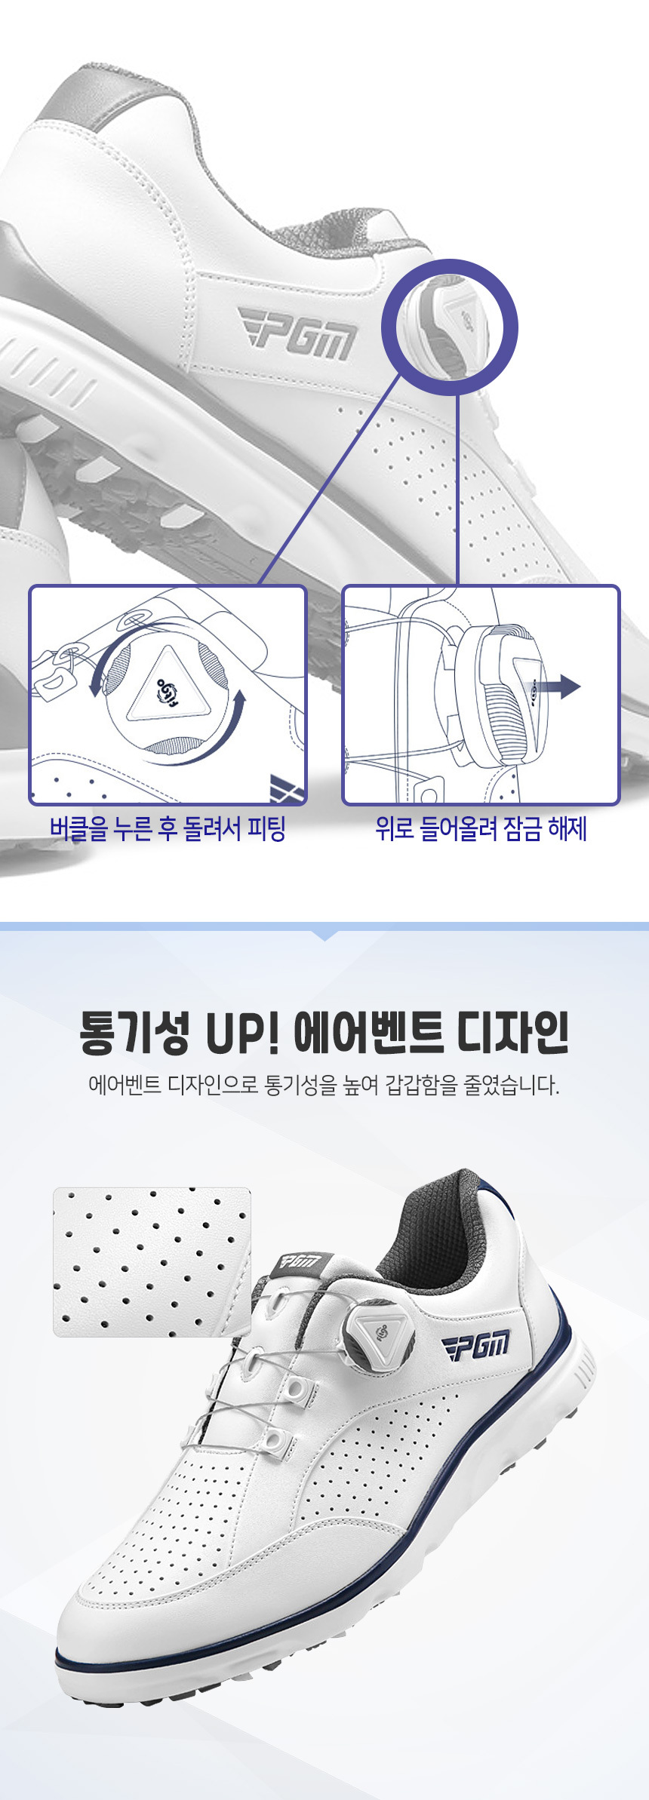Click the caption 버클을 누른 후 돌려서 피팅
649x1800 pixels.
click(x=168, y=828)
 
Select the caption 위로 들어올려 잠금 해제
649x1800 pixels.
click(x=481, y=828)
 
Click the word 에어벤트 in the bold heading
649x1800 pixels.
click(x=368, y=1033)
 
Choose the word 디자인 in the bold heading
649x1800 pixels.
click(x=513, y=1033)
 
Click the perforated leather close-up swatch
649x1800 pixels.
click(x=152, y=1261)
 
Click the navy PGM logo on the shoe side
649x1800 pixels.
click(x=477, y=1346)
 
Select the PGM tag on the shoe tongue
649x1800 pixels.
click(x=300, y=1261)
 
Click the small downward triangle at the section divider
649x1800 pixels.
click(x=324, y=935)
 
